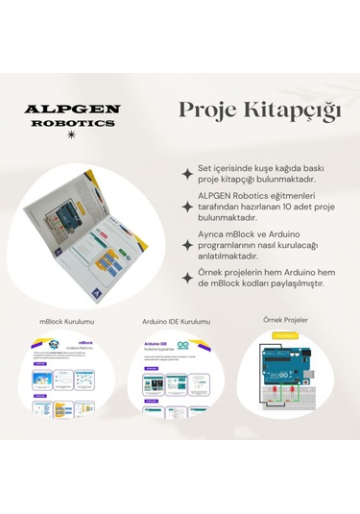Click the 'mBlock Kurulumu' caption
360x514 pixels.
pyautogui.click(x=67, y=321)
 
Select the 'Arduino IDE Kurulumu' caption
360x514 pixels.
pyautogui.click(x=177, y=321)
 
